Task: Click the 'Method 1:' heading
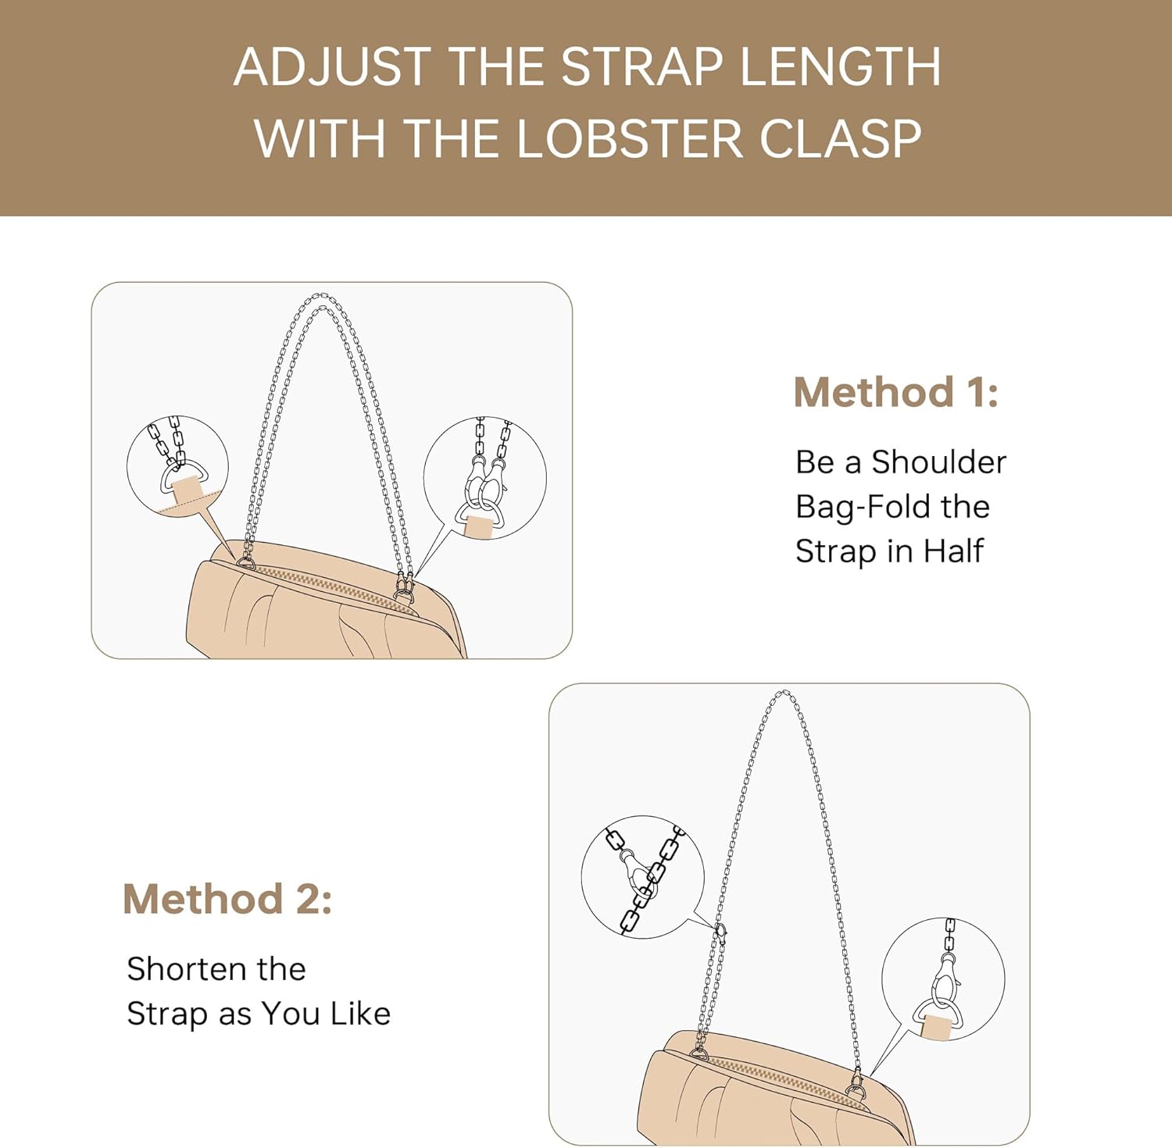tap(895, 392)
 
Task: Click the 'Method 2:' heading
tap(227, 899)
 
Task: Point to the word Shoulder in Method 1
tap(938, 462)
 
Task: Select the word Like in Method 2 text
tap(360, 1014)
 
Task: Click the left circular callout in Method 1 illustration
tap(177, 466)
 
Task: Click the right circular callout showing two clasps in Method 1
tap(484, 478)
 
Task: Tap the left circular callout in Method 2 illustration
tap(642, 877)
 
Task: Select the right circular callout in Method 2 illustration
tap(943, 979)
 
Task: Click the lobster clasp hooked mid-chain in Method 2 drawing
tap(720, 931)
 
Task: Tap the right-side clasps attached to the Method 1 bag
tap(404, 587)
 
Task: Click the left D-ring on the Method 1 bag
tap(246, 562)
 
